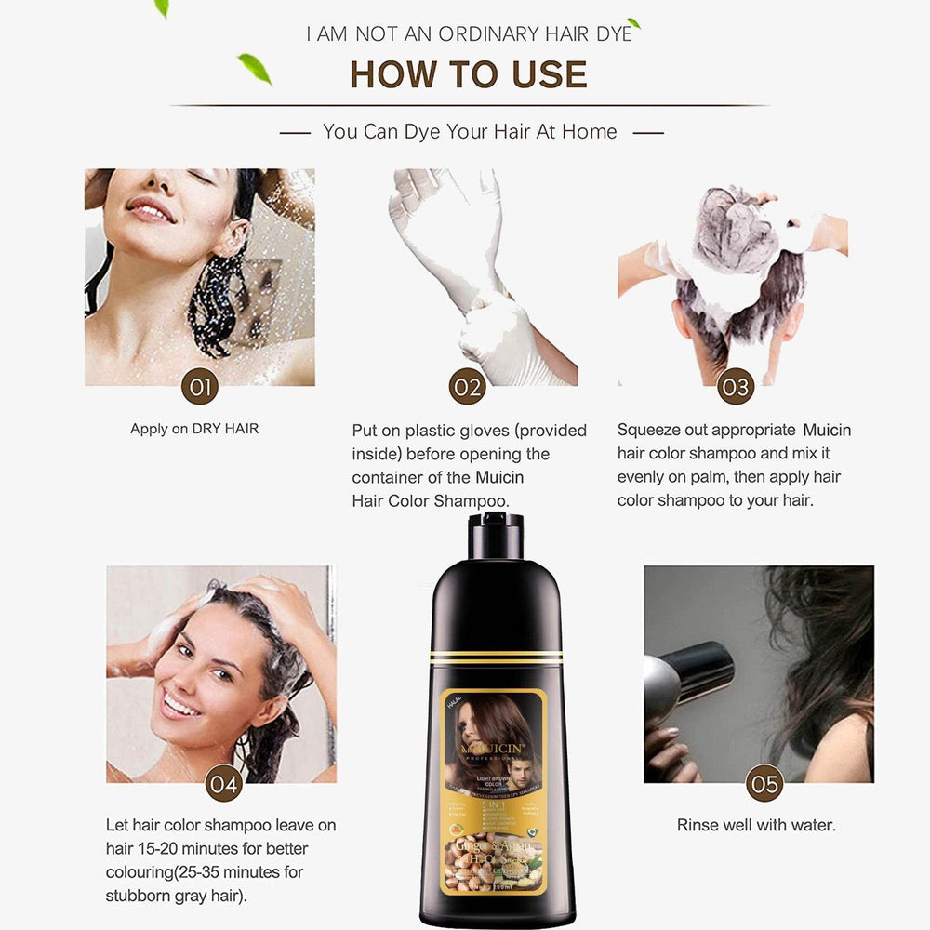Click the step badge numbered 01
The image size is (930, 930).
200,385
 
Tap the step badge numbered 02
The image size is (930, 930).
468,385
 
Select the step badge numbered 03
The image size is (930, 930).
736,385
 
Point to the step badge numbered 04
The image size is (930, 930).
224,783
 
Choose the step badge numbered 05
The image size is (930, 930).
764,783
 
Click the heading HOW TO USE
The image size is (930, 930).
469,74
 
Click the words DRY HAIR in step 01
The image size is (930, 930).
225,429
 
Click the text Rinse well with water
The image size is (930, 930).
756,825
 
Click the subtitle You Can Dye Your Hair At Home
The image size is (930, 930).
470,132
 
